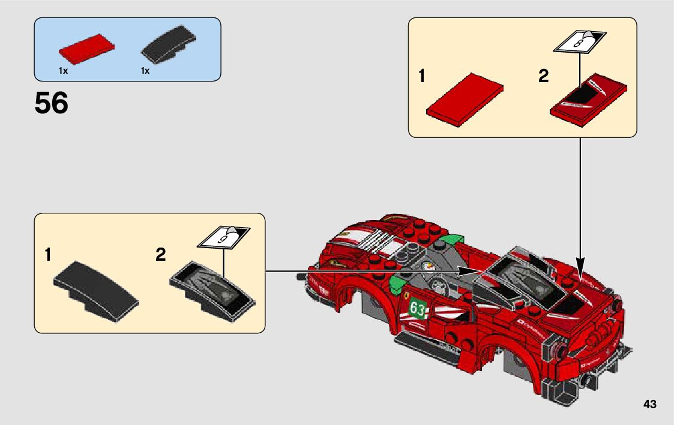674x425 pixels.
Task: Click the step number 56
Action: coord(52,104)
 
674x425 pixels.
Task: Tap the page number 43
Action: coord(649,404)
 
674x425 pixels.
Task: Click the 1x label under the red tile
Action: coord(63,71)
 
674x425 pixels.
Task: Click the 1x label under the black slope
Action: coord(145,71)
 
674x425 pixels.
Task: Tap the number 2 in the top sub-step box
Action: coord(543,77)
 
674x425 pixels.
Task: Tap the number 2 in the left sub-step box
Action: coord(160,255)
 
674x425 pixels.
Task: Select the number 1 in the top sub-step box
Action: coord(422,77)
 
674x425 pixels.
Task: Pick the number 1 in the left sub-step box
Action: coord(47,255)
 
